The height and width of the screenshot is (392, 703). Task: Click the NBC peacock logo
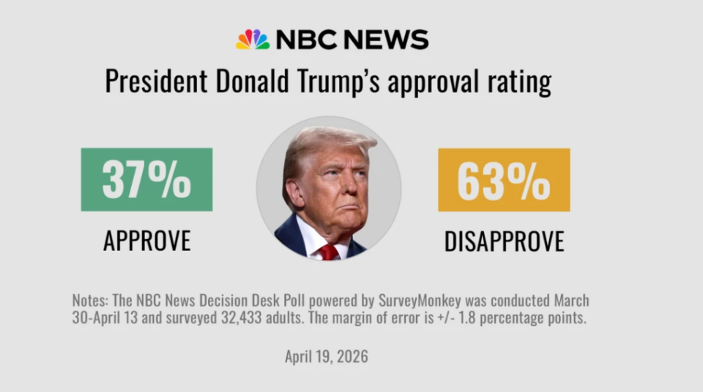(252, 39)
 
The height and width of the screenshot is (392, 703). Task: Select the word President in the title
(155, 81)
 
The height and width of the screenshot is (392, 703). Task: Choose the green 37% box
(146, 179)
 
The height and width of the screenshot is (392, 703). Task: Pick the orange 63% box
(504, 180)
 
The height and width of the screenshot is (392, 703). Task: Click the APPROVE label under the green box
(146, 240)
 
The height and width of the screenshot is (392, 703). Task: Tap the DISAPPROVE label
(504, 241)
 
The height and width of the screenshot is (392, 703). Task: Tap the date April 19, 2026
(327, 357)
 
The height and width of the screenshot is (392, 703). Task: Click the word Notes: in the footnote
(91, 301)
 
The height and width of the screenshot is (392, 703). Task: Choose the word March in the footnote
(571, 301)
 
